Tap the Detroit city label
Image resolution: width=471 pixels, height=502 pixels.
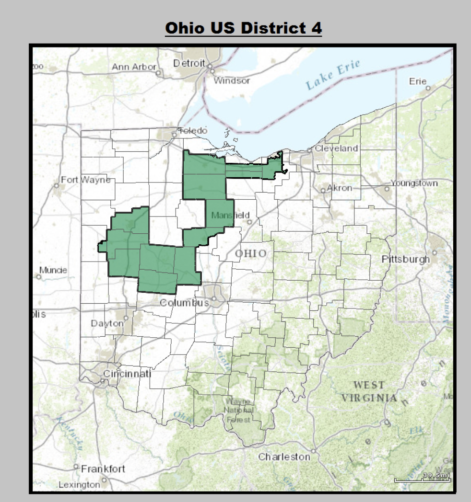coord(189,63)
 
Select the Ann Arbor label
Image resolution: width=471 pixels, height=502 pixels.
coord(134,67)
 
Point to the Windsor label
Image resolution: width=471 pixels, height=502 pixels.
coord(232,80)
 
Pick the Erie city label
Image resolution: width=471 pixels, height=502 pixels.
coord(417,81)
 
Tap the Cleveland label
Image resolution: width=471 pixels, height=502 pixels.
coord(336,148)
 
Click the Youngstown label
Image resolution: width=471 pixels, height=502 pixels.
coord(414,183)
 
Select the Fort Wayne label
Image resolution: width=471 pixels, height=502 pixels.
coord(85,180)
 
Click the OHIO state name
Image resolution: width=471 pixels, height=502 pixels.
coord(250,253)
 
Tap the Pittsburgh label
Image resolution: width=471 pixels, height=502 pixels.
coord(406,259)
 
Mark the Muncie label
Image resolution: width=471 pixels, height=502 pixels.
coord(53,270)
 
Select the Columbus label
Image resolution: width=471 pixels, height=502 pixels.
coord(184,303)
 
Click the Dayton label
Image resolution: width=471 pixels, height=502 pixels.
coord(107,323)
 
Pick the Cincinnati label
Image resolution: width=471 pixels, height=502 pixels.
coord(127,374)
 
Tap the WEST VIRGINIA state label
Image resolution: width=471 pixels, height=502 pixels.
coord(369,391)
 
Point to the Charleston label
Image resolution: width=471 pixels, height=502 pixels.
coord(284,457)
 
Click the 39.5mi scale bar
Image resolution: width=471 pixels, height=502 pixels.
coord(422,477)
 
